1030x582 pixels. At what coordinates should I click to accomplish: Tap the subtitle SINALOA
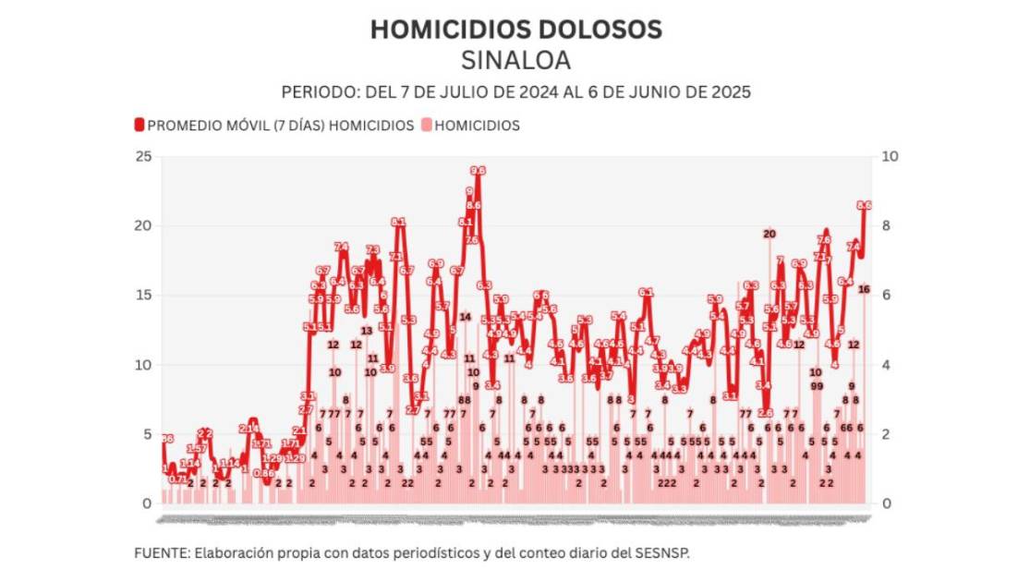(515, 60)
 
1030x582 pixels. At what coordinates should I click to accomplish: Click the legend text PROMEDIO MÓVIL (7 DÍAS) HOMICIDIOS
(281, 126)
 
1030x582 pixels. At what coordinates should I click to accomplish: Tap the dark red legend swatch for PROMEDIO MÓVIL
(139, 126)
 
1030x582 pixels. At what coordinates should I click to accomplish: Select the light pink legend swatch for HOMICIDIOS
(426, 126)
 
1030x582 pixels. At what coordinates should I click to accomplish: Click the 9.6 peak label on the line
(478, 171)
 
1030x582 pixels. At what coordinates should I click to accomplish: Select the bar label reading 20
(769, 234)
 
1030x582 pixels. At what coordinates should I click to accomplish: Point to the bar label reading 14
(466, 317)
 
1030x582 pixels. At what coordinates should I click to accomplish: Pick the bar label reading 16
(864, 289)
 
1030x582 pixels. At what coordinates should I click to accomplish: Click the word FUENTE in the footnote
(161, 553)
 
